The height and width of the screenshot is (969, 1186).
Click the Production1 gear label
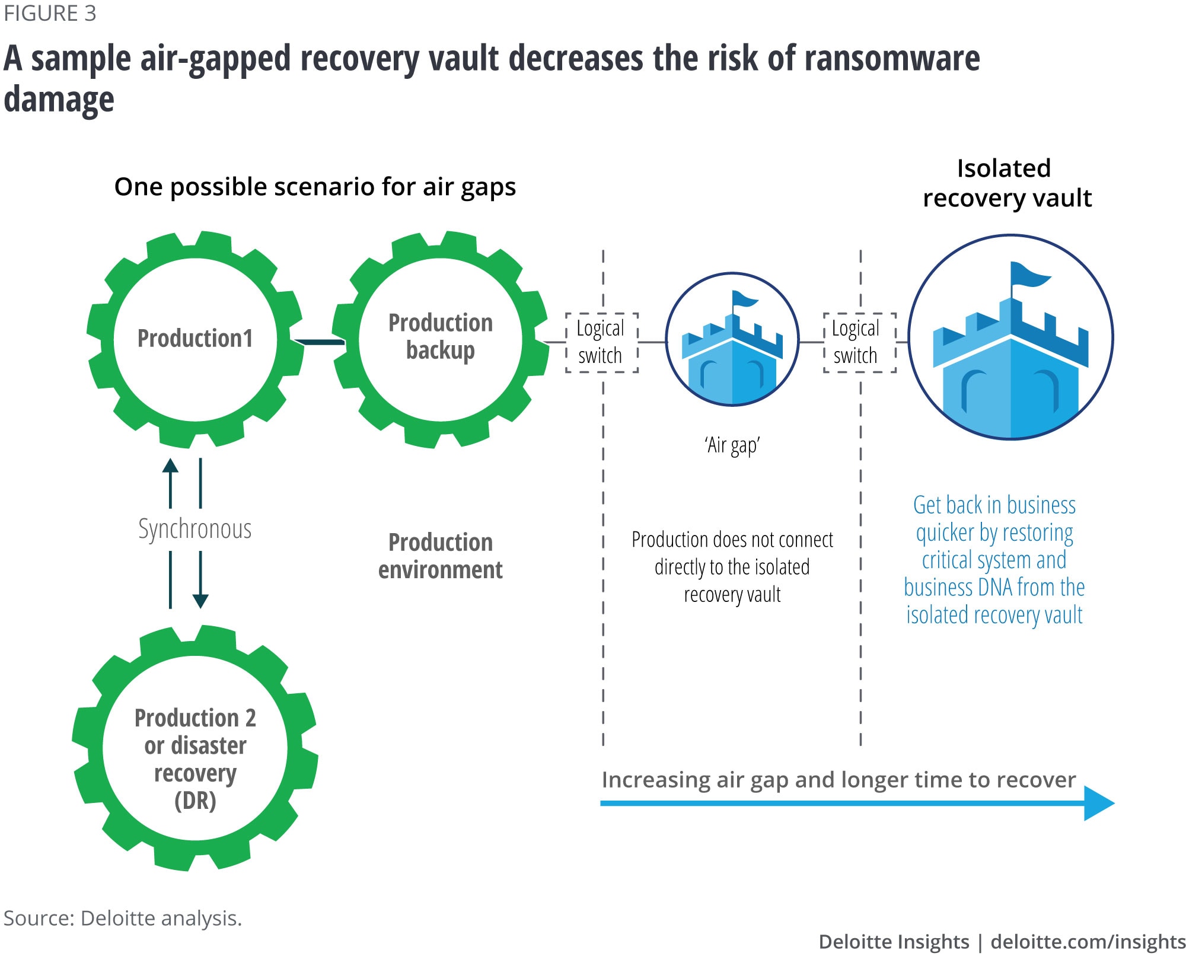coord(195,338)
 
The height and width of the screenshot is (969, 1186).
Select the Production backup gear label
coord(441,336)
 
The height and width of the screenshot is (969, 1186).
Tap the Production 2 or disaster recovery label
coord(195,758)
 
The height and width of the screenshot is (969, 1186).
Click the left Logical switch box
coord(601,342)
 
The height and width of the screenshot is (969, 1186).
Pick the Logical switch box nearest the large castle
coord(859,342)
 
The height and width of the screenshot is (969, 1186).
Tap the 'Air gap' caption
coord(732,445)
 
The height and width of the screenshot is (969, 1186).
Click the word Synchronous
coord(195,529)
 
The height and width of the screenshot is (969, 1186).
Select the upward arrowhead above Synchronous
coord(170,466)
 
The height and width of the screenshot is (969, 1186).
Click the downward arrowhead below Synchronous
coord(200,600)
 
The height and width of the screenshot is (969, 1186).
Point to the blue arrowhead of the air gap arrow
coord(1099,804)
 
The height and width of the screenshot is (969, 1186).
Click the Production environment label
coord(441,556)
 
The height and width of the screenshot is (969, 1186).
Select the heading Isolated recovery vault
coord(1006,183)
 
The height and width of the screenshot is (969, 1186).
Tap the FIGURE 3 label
coord(50,14)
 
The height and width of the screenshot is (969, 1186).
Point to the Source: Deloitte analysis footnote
coord(123,918)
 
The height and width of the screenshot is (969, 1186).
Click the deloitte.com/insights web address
coord(1088,942)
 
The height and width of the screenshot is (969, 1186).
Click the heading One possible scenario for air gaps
coord(315,187)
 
